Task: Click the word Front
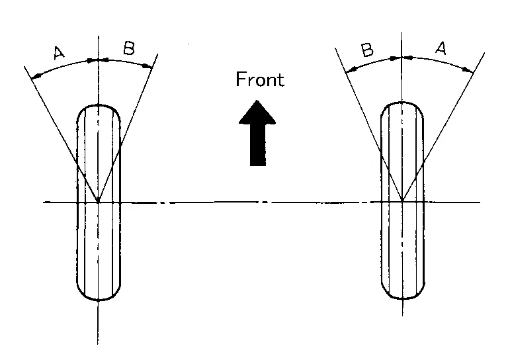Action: [260, 80]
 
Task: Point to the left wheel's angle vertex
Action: [98, 201]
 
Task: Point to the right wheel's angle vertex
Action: [402, 201]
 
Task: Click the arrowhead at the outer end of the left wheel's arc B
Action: [149, 66]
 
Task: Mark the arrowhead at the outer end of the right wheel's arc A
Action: [470, 70]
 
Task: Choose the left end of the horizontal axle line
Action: [44, 201]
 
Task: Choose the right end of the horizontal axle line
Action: [480, 201]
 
